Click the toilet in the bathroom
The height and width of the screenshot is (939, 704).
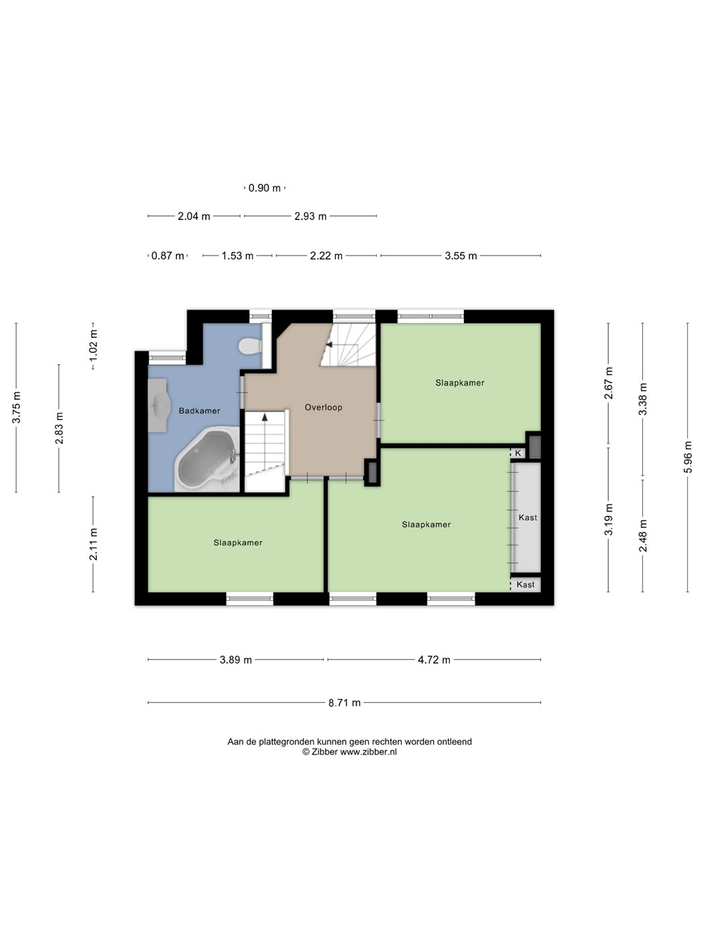click(251, 346)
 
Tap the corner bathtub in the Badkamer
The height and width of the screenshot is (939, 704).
click(207, 459)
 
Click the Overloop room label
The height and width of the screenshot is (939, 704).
click(323, 407)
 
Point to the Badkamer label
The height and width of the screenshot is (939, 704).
click(199, 410)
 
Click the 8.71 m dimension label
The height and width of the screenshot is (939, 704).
click(345, 702)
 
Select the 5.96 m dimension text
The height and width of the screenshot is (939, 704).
click(687, 457)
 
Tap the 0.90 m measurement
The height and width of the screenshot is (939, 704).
click(265, 188)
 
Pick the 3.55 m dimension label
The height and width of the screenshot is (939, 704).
click(461, 256)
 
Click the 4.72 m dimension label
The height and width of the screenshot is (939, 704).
click(434, 660)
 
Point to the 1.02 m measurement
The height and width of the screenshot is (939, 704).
click(93, 344)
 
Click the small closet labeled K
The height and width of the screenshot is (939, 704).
click(518, 453)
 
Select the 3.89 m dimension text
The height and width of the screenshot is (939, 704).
click(235, 660)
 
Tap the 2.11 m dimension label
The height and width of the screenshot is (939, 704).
click(93, 544)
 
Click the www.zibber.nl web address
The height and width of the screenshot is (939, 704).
click(368, 752)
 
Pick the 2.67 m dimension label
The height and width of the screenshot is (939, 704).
click(608, 383)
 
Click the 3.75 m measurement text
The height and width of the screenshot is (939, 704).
click(16, 407)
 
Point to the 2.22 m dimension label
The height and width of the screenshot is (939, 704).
click(326, 256)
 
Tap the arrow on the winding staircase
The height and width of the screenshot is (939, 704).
click(329, 344)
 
